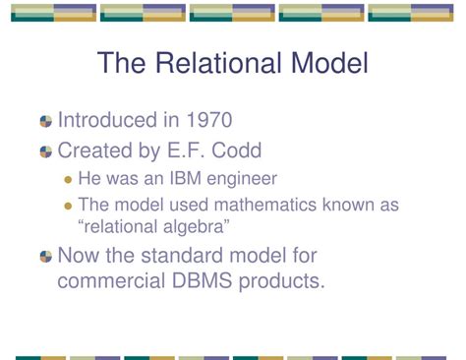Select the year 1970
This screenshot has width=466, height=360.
(204, 121)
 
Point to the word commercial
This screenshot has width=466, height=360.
(114, 280)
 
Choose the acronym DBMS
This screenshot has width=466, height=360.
(210, 280)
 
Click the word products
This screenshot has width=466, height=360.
(285, 280)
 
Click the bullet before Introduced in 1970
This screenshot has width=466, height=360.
(45, 122)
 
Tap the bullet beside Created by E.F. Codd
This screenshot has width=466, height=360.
(45, 152)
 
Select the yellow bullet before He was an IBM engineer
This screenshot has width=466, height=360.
(68, 180)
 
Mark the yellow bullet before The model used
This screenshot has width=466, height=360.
(68, 206)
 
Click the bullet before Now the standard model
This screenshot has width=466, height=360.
(45, 258)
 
